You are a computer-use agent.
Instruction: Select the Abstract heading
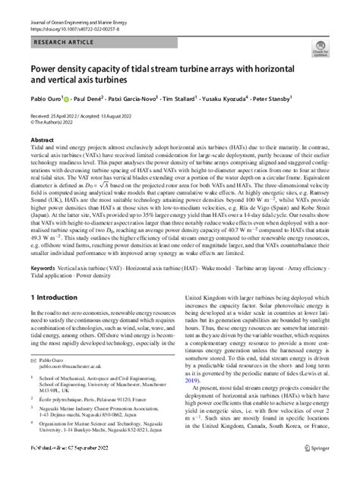click(42, 141)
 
